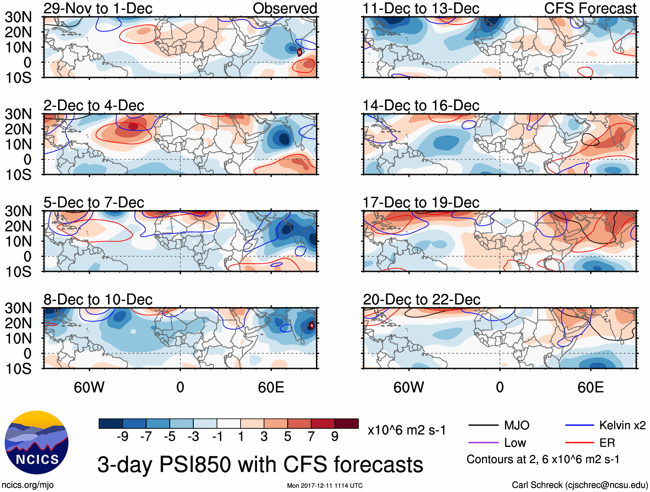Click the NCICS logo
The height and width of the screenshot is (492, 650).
click(x=37, y=442)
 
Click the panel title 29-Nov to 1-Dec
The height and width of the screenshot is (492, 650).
click(x=98, y=8)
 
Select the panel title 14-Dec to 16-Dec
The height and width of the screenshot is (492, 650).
click(x=421, y=106)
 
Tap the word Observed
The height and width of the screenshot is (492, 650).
click(x=285, y=8)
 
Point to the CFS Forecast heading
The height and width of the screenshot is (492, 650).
click(x=590, y=8)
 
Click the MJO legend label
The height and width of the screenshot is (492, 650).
click(x=517, y=426)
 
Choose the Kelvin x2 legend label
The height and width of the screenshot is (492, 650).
click(x=622, y=426)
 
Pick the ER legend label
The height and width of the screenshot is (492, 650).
click(x=607, y=443)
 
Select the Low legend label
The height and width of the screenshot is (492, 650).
click(x=515, y=443)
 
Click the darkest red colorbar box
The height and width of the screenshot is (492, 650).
click(x=347, y=423)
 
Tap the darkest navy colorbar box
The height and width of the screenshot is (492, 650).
click(x=111, y=423)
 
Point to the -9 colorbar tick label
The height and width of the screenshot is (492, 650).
click(x=122, y=437)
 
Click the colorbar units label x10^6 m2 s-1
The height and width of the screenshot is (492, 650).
click(x=406, y=430)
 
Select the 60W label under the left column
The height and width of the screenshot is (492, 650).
click(x=89, y=387)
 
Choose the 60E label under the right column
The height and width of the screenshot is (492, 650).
click(x=590, y=387)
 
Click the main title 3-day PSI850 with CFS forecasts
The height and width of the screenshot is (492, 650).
click(x=260, y=465)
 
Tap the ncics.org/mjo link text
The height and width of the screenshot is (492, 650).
click(x=28, y=485)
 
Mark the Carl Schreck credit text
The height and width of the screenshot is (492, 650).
click(x=579, y=485)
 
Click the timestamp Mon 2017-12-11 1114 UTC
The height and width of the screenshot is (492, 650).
click(x=325, y=486)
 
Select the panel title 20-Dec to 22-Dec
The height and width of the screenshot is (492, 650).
click(x=421, y=299)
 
